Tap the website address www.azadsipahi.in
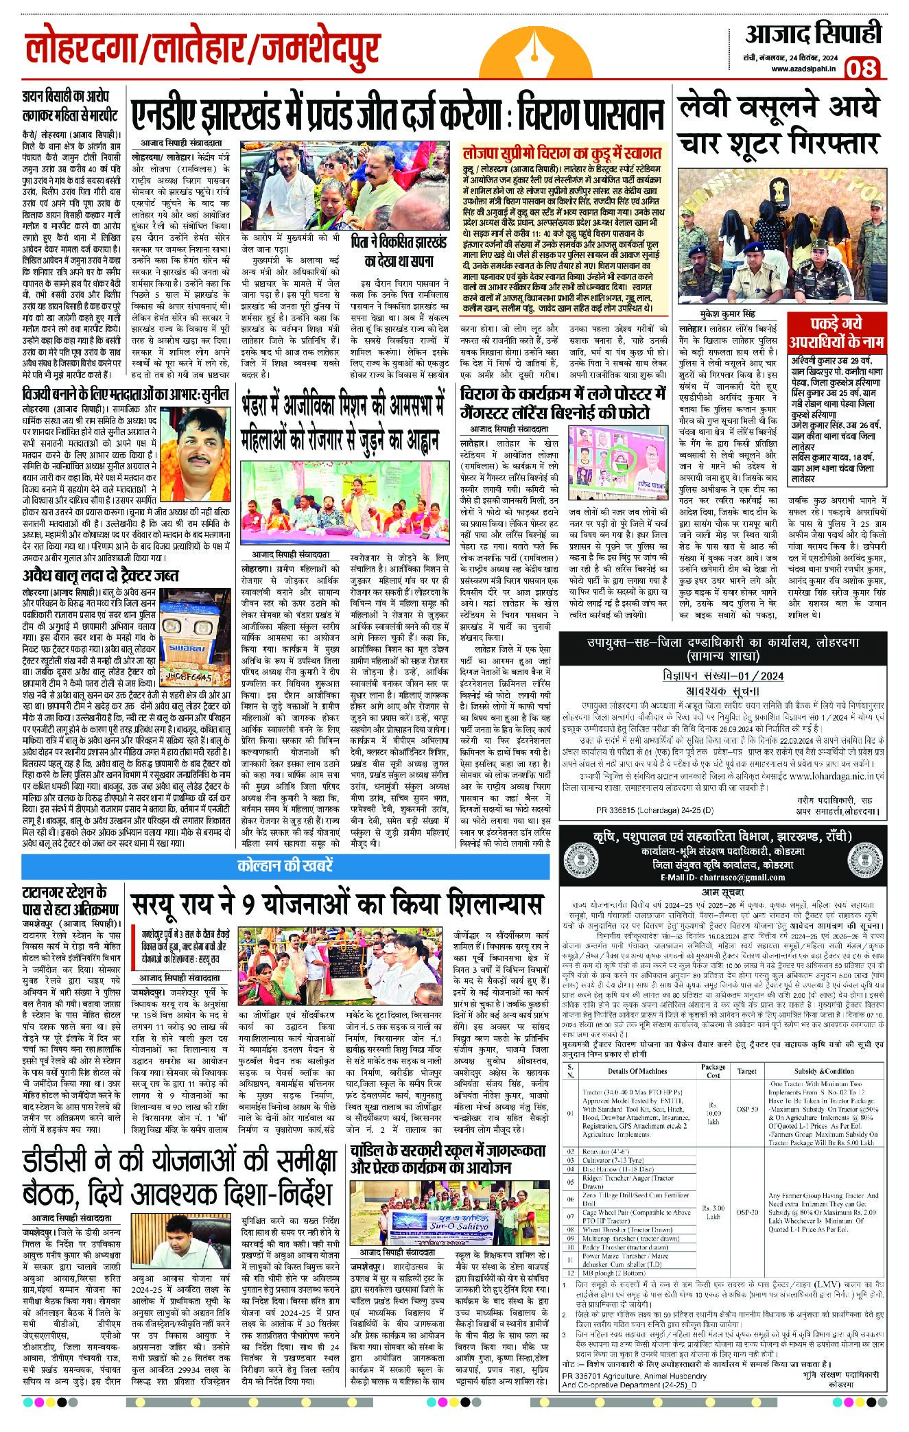pyautogui.click(x=803, y=68)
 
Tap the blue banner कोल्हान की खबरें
pyautogui.click(x=285, y=865)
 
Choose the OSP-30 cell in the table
pyautogui.click(x=747, y=1212)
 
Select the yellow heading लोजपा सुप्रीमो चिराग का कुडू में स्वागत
pyautogui.click(x=562, y=152)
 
